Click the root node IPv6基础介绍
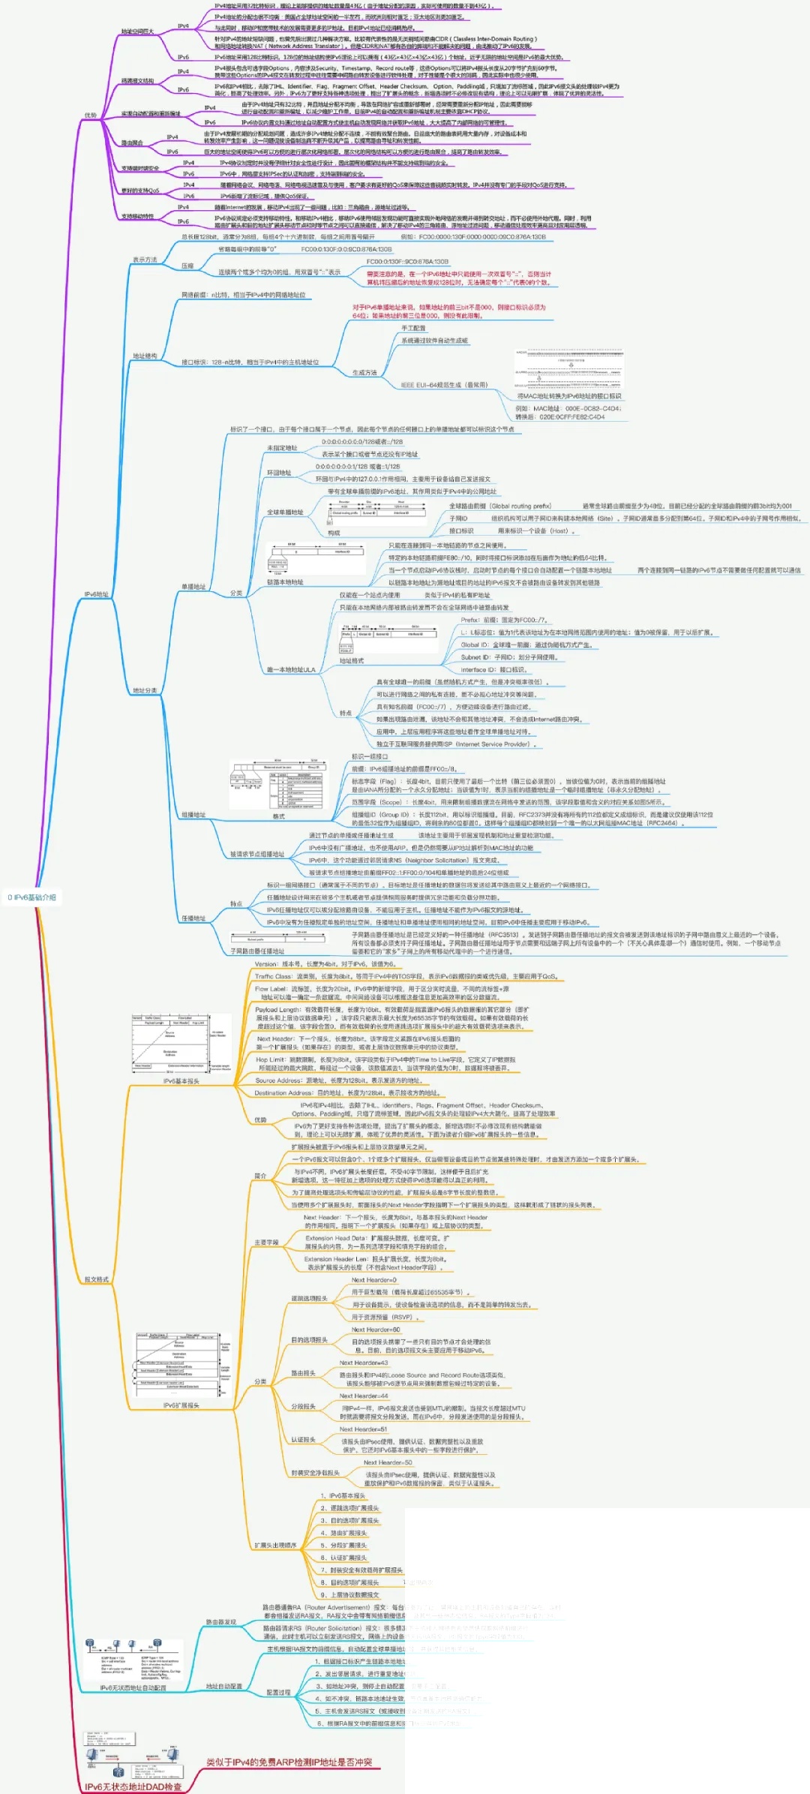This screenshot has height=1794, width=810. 31,897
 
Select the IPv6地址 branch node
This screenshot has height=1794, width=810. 97,594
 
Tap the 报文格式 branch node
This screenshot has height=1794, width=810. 97,1279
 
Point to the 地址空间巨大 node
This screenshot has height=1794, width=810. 137,32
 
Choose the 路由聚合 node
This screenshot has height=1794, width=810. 132,143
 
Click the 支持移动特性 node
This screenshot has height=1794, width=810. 137,216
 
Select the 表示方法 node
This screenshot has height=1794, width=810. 145,260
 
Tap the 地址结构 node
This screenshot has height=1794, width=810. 145,356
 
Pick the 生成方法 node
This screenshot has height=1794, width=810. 364,373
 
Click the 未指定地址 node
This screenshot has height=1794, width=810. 282,448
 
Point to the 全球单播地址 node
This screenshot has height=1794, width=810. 285,512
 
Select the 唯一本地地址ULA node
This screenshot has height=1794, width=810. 291,669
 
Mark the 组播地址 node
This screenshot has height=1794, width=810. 193,815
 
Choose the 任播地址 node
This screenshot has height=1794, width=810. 193,918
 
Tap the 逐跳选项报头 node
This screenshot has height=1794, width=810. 309,1298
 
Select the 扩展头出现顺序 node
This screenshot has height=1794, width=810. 275,1546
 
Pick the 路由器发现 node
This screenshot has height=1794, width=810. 221,1622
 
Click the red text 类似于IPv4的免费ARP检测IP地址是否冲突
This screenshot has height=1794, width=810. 289,1762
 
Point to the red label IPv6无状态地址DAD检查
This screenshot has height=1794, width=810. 133,1786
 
